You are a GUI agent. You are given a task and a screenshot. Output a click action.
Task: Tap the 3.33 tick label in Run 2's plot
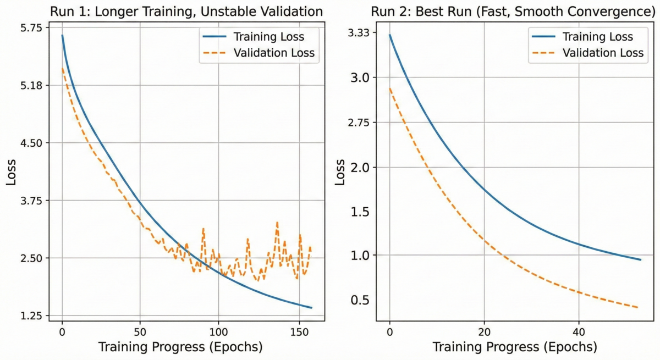coord(356,32)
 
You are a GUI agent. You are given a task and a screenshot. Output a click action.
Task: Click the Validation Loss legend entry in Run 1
coord(273,53)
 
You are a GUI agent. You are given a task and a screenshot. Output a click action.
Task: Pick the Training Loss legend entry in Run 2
coord(597,37)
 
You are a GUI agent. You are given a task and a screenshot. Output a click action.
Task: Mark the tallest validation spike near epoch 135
coord(277,223)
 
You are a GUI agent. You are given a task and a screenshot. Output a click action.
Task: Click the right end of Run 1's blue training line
coord(311,307)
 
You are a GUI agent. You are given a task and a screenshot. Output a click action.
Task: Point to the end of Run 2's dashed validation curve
coord(637,307)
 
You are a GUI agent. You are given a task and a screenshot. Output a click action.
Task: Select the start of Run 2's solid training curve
coord(389,35)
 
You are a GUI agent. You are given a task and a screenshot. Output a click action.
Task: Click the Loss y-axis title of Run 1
coord(12,172)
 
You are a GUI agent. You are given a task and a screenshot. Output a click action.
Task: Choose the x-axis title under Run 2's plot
coord(515,347)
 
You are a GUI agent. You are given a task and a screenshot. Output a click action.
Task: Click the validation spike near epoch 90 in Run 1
coord(203,229)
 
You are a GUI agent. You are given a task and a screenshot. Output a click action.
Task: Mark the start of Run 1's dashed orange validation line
coord(62,69)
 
